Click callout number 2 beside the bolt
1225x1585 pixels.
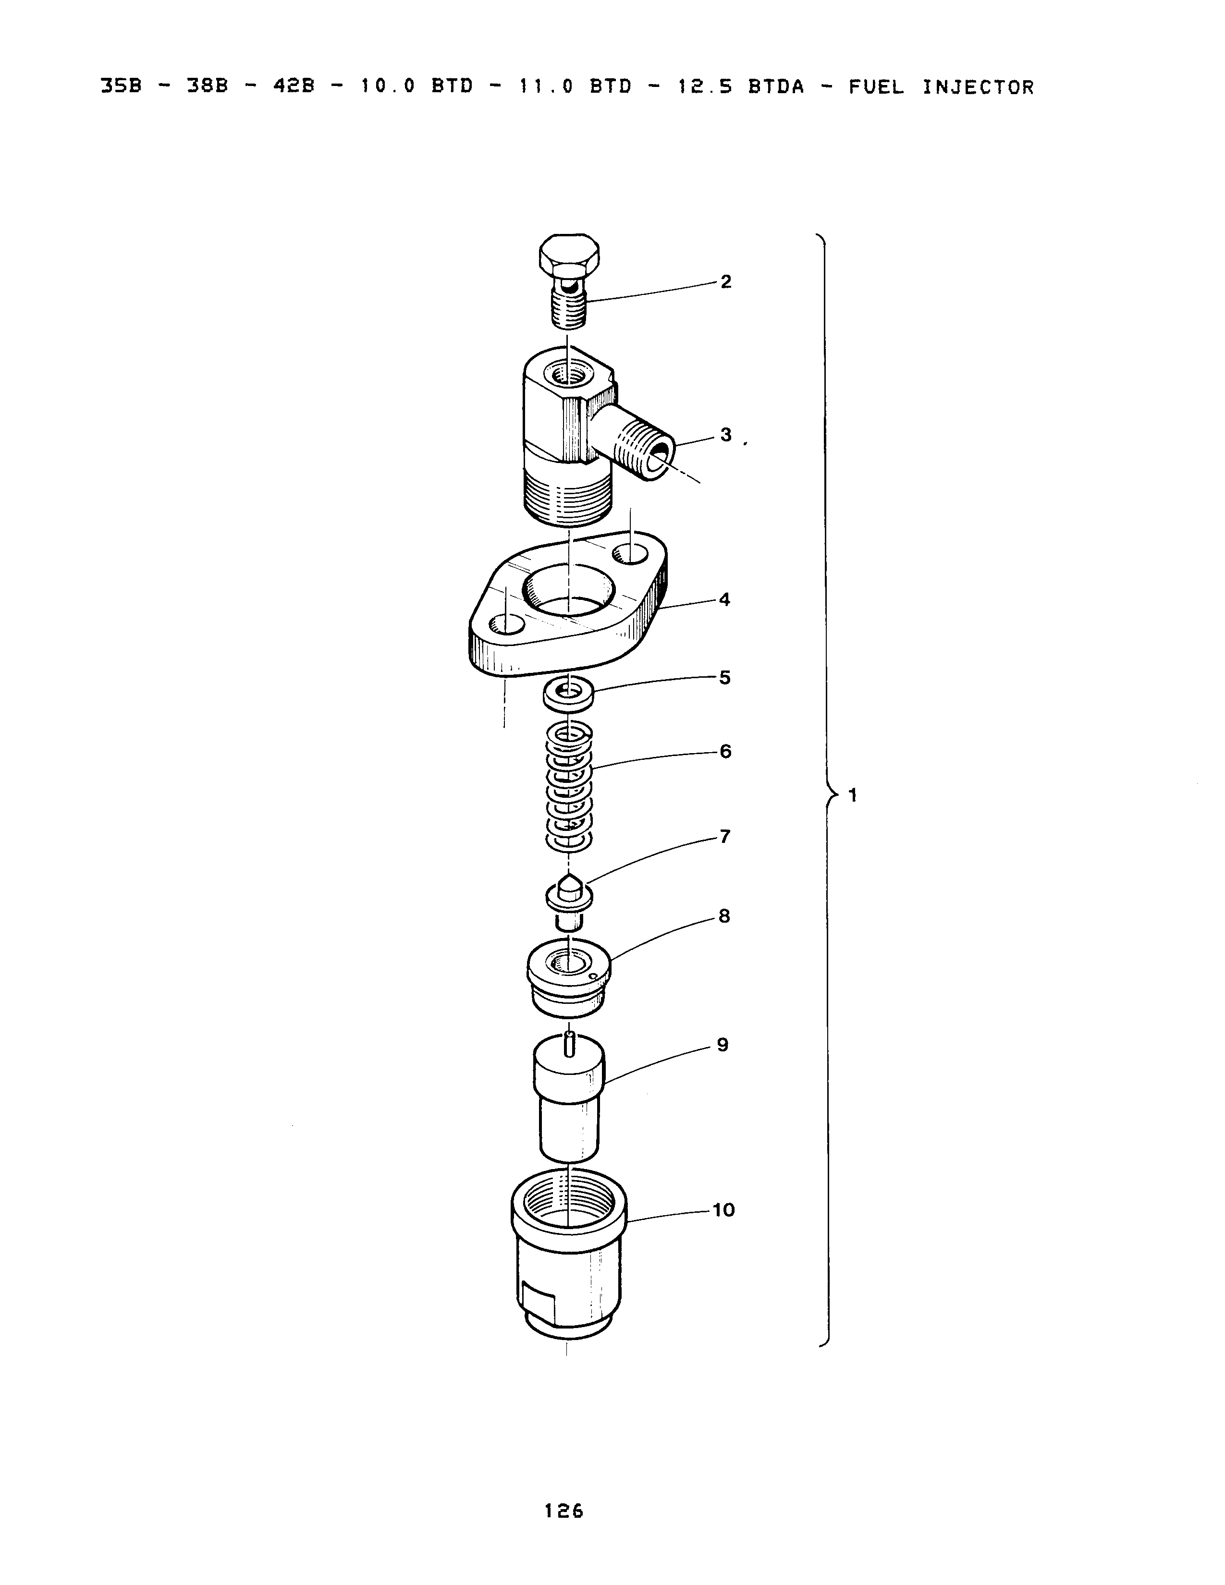coord(726,281)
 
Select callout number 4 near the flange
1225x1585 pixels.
coord(724,599)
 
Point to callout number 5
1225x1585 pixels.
coord(724,677)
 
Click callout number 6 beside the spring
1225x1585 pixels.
coord(725,751)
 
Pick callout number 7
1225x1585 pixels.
coord(724,837)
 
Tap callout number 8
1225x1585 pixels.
coord(723,916)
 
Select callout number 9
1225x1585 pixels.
coord(722,1045)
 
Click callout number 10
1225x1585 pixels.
coord(723,1210)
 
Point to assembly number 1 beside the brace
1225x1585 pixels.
coord(853,795)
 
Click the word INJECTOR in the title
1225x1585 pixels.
coord(978,88)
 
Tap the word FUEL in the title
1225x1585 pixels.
coord(877,88)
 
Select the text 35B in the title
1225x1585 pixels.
coord(121,88)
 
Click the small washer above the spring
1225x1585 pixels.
coord(568,692)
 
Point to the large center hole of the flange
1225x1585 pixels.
coord(570,591)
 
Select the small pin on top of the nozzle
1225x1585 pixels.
coord(570,1044)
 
